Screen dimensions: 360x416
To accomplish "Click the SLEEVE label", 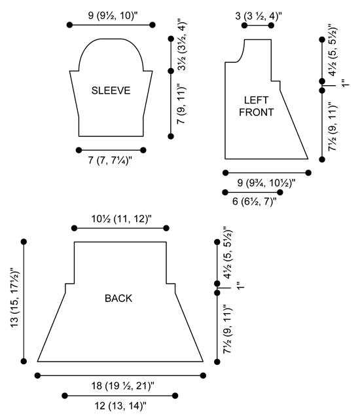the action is tap(111, 90).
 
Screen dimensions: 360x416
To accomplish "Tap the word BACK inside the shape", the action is tap(118, 299).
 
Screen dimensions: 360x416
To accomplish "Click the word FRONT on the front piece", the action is tap(256, 112).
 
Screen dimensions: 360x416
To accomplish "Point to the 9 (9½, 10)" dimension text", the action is tap(113, 16).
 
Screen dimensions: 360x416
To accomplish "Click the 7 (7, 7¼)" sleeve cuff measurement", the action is tap(110, 161).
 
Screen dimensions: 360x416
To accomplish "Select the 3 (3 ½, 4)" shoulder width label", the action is tap(258, 16).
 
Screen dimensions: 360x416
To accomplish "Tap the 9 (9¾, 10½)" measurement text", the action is tap(266, 183).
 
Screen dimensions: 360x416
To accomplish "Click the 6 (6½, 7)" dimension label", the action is tap(255, 201).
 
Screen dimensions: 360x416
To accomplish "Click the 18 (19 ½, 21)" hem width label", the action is tap(123, 385).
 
